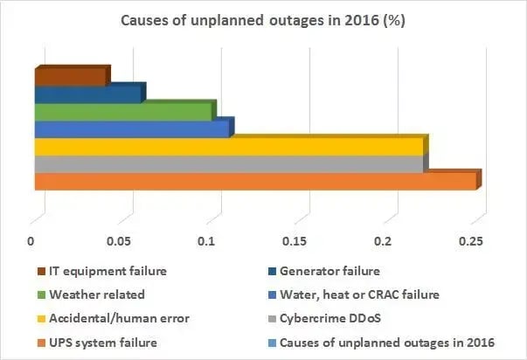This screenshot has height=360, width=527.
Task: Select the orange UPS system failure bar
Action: [253, 182]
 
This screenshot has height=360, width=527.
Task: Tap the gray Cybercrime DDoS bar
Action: [227, 164]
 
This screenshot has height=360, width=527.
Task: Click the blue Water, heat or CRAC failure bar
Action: [131, 128]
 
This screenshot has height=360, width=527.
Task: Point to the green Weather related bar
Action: [122, 111]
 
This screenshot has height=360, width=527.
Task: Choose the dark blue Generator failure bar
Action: [87, 93]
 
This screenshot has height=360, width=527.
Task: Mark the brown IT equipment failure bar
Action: [70, 76]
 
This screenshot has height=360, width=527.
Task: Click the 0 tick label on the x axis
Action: [31, 241]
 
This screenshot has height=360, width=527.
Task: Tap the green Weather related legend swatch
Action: [41, 294]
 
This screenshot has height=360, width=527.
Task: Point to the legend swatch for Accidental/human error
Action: [41, 317]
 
